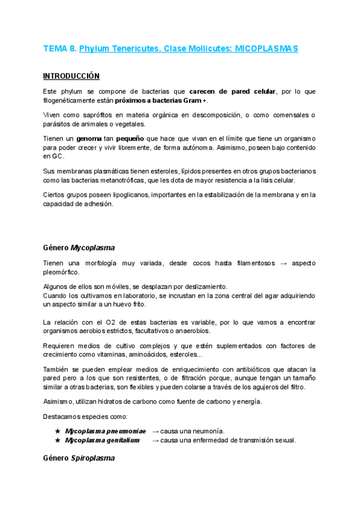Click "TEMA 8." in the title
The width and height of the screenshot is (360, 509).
click(59, 48)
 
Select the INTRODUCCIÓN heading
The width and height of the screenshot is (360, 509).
click(71, 76)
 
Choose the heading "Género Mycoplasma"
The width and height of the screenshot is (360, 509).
click(79, 247)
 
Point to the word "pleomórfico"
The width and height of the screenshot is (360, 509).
click(61, 272)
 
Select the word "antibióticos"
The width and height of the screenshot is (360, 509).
click(267, 369)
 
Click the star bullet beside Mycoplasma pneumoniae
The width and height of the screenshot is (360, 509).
click(58, 431)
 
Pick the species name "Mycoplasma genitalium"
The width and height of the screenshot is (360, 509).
click(102, 440)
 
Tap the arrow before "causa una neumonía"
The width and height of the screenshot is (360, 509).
click(155, 431)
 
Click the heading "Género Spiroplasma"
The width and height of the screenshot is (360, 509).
click(79, 459)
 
